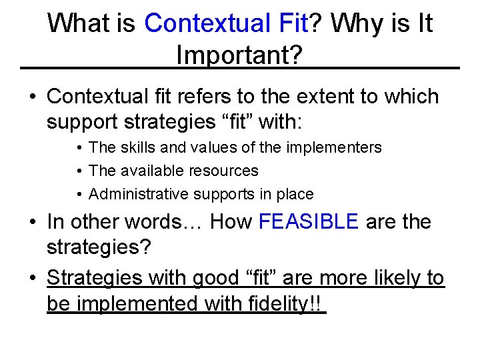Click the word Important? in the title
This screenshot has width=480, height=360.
tap(239, 55)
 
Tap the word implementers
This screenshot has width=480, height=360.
tap(335, 147)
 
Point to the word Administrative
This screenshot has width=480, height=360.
tap(139, 194)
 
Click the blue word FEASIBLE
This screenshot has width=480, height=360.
tap(309, 221)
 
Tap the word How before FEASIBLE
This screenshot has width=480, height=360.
tap(231, 221)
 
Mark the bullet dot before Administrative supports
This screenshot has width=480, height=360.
tap(79, 194)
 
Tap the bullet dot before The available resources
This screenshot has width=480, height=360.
tap(79, 171)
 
